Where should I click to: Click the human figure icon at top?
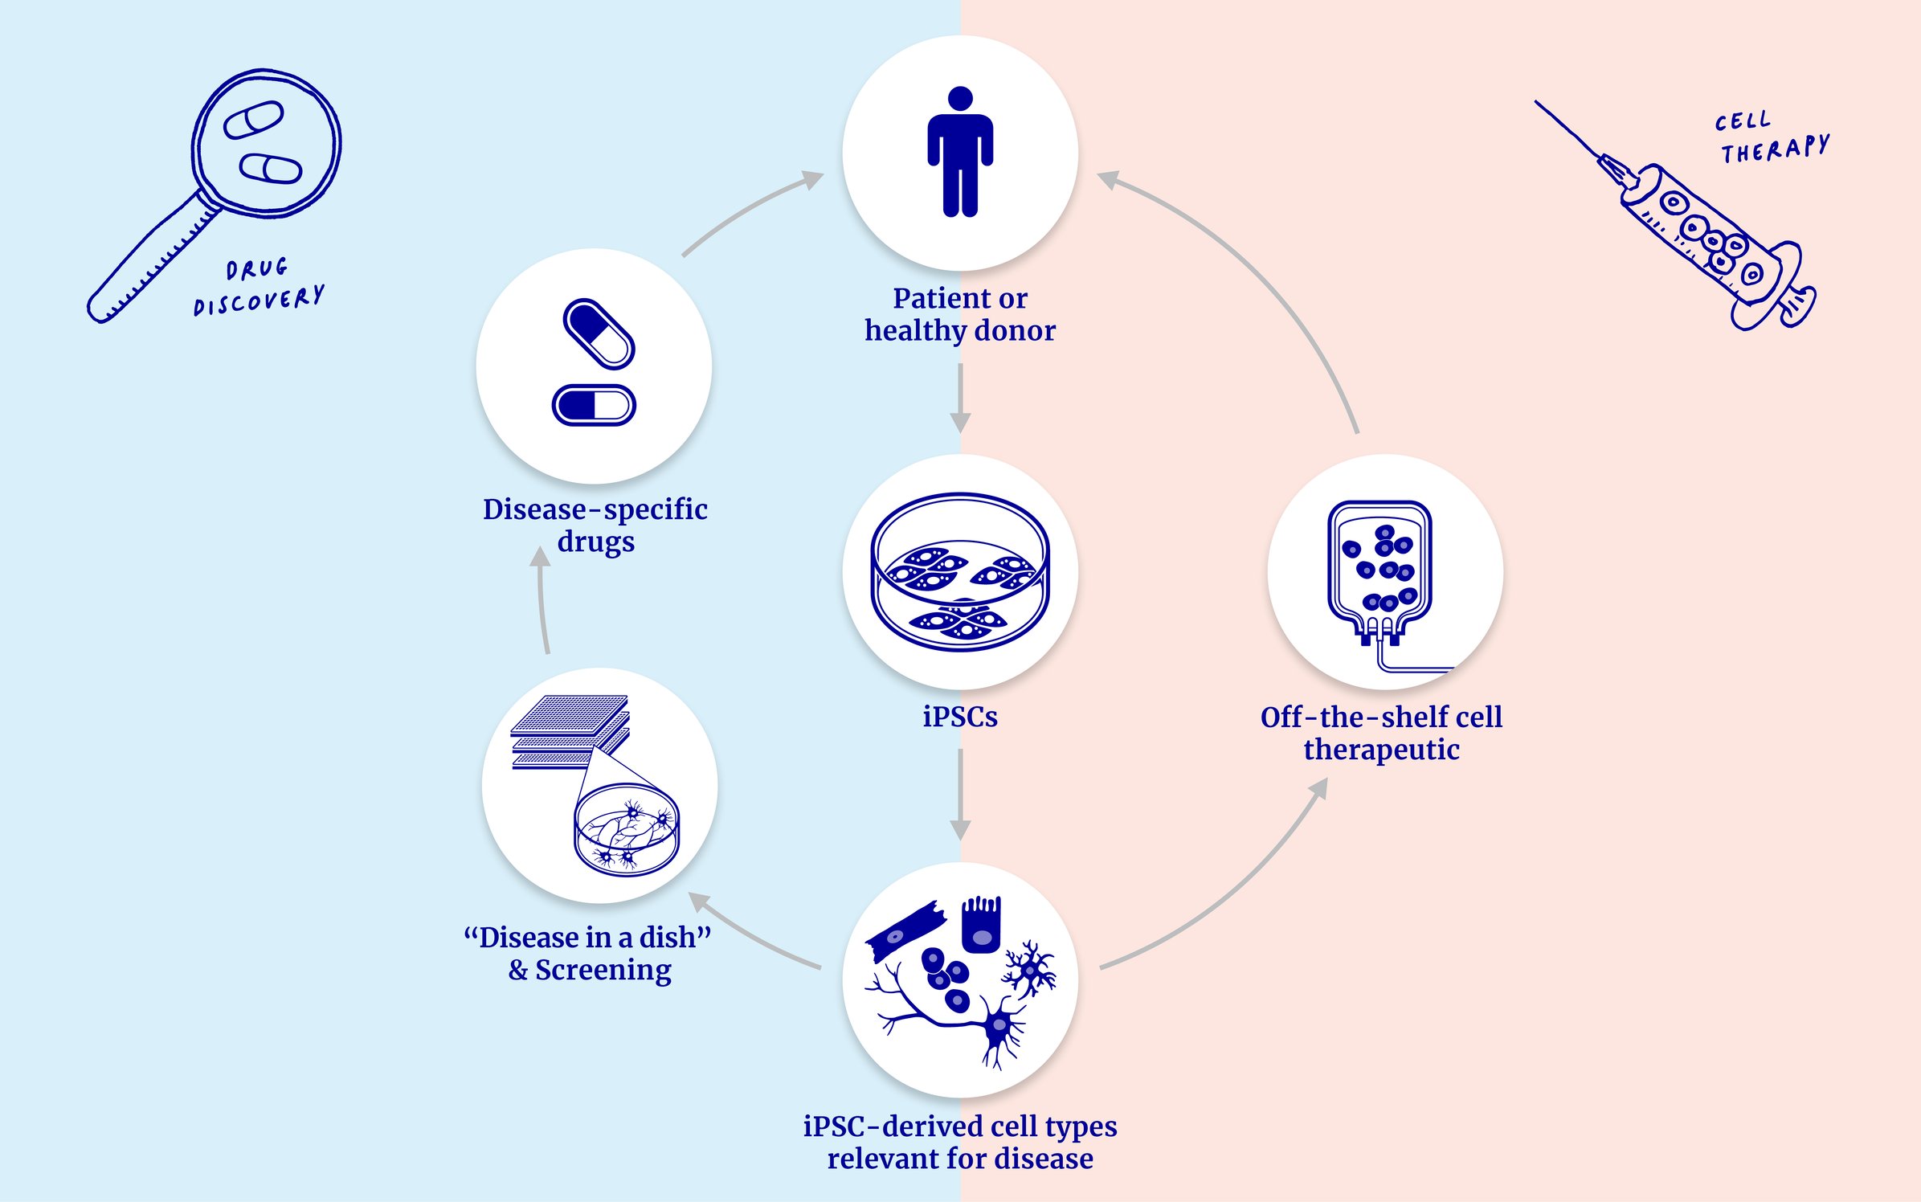pos(960,153)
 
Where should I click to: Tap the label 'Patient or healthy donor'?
pos(960,314)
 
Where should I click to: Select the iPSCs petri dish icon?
pos(960,571)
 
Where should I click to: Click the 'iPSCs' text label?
pos(960,717)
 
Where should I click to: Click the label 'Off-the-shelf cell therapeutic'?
pos(1381,733)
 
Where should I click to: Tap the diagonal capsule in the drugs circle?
pos(599,333)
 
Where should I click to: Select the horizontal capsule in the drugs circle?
pos(594,405)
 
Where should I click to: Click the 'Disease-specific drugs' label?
pos(595,525)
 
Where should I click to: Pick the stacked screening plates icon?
pos(570,731)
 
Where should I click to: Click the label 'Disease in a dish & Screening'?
pos(588,954)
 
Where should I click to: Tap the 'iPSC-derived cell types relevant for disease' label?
pos(960,1142)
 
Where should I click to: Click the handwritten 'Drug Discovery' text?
pos(259,288)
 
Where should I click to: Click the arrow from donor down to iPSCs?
pos(960,398)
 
